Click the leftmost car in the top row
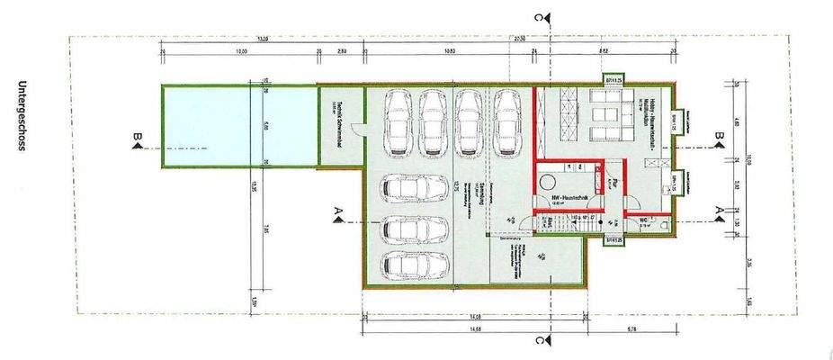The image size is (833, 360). click(x=398, y=122)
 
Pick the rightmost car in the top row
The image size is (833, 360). click(x=507, y=122)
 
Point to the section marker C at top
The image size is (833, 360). click(x=537, y=17)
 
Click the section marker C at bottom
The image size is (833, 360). click(x=537, y=341)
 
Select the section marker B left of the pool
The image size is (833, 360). click(x=138, y=138)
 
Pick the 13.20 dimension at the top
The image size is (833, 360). click(x=262, y=40)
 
